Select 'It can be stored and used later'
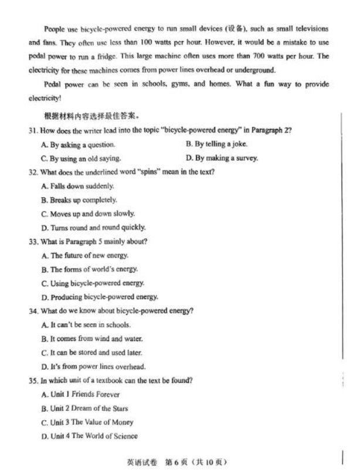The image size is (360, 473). pos(92,353)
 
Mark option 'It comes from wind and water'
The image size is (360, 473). pos(92,339)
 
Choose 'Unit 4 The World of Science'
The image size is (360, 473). pos(90,436)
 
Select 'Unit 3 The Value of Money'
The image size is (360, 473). pos(87,422)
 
